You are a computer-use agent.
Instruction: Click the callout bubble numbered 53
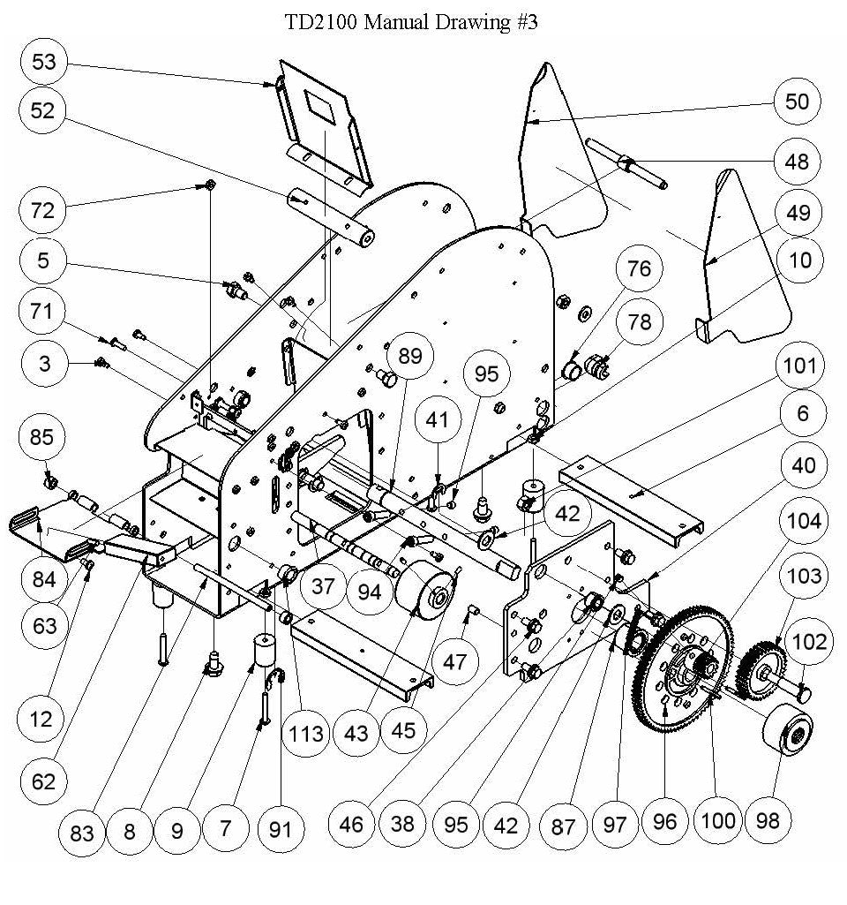(x=43, y=62)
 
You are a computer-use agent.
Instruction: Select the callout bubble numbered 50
(x=797, y=101)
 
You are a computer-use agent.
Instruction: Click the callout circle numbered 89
(x=409, y=357)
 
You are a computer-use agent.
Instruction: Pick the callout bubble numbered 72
(x=43, y=210)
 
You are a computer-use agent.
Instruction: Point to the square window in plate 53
(x=320, y=107)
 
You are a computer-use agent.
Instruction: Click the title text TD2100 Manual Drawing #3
(x=410, y=22)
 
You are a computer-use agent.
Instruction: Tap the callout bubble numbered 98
(x=768, y=820)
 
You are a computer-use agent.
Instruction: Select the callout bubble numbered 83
(x=82, y=831)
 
